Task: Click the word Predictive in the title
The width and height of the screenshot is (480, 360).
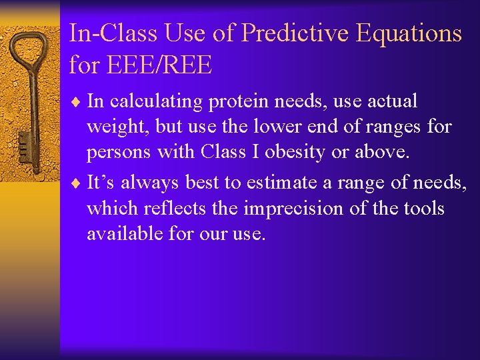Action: click(297, 33)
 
